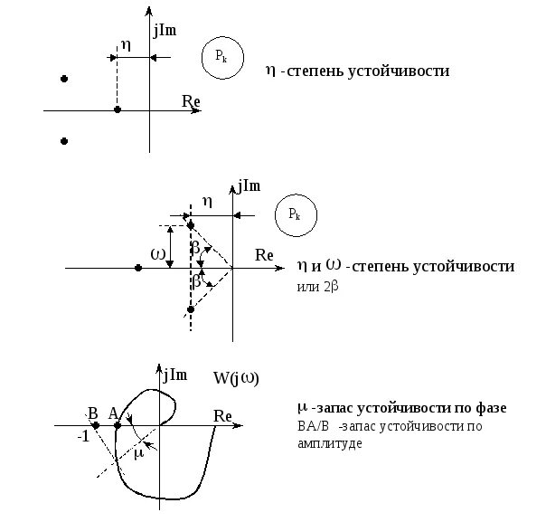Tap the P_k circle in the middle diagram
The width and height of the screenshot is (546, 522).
click(x=295, y=214)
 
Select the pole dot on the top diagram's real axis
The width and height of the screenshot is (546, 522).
click(x=118, y=109)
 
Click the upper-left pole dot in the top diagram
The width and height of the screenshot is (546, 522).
click(x=63, y=80)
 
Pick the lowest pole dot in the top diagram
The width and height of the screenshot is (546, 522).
click(x=63, y=140)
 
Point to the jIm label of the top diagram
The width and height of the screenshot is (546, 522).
click(x=165, y=30)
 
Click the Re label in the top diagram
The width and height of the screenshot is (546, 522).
click(x=190, y=100)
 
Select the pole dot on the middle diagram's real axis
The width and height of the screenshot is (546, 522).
click(x=137, y=268)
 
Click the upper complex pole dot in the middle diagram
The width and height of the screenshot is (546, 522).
click(x=190, y=224)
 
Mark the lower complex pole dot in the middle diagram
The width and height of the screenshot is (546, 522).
click(x=190, y=309)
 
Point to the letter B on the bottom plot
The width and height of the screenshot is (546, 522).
click(x=92, y=412)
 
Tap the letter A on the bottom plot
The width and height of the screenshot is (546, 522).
click(x=113, y=413)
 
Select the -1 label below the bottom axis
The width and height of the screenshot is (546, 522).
click(x=83, y=435)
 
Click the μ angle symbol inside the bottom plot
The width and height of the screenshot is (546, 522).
click(x=138, y=453)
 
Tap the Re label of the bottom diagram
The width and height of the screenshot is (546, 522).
click(x=223, y=414)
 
